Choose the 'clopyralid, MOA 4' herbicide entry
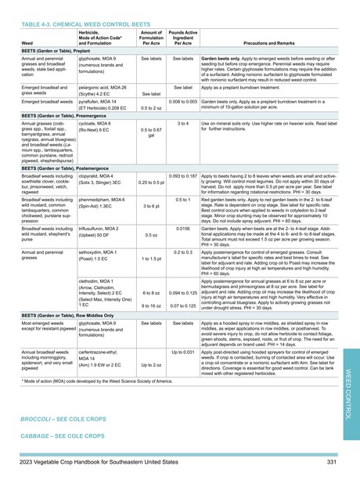click(99, 155)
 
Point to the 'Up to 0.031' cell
click(183, 352)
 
